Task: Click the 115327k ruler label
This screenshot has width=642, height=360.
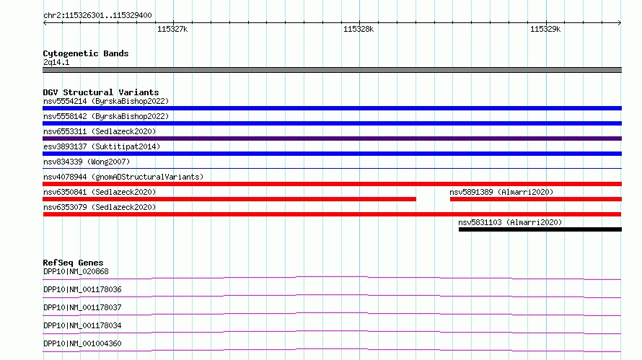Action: [172, 29]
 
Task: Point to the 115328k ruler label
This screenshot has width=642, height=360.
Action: [359, 29]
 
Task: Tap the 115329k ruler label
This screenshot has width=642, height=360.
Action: [545, 29]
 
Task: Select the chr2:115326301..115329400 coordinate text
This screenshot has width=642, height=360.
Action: [97, 15]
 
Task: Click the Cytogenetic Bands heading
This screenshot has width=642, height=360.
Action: [86, 53]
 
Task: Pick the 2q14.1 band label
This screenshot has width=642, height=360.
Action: [56, 62]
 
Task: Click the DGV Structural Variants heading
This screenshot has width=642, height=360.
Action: [101, 92]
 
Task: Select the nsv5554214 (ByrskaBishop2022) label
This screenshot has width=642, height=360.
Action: [106, 101]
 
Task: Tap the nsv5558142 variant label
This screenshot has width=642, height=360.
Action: [106, 116]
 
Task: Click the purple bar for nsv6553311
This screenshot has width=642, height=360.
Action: [332, 139]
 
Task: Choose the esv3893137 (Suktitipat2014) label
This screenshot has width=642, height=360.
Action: [102, 146]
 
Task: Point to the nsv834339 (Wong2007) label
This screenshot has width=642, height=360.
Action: [87, 162]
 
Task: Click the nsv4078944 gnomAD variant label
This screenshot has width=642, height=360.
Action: [123, 177]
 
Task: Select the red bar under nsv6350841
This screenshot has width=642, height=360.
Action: [229, 199]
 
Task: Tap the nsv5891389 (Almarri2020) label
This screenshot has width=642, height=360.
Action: [501, 192]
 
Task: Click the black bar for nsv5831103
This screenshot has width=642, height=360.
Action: [540, 229]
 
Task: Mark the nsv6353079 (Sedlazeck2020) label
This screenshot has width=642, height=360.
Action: [100, 207]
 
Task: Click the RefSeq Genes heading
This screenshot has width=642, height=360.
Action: [73, 263]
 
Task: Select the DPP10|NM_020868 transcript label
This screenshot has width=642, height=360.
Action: [76, 271]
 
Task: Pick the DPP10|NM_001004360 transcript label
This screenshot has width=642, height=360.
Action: [82, 343]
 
